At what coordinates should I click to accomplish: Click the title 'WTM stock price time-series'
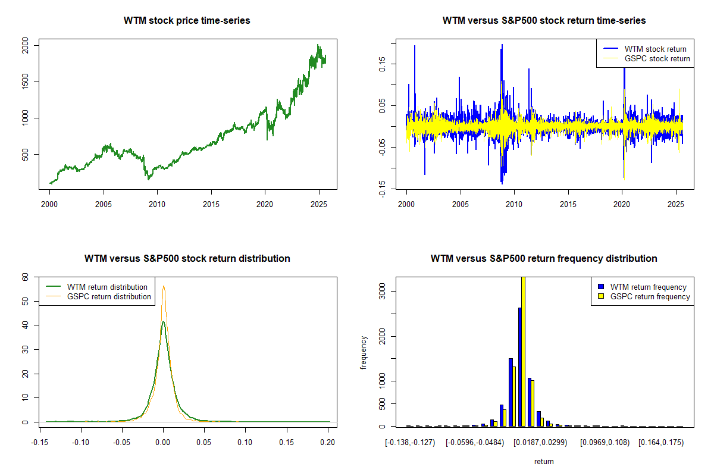[187, 21]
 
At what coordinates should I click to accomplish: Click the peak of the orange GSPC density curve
[164, 286]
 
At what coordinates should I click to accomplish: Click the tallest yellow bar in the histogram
[523, 351]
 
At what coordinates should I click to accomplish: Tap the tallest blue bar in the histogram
[519, 367]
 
